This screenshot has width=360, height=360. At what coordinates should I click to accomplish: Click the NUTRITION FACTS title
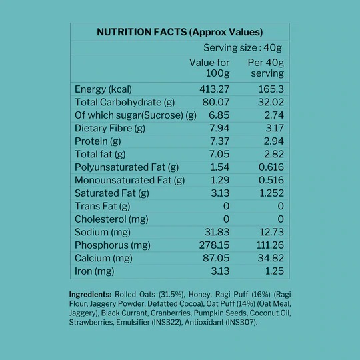click(x=180, y=32)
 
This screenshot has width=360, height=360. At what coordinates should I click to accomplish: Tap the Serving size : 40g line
click(x=243, y=48)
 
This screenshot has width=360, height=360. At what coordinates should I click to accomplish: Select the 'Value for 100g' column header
click(x=209, y=68)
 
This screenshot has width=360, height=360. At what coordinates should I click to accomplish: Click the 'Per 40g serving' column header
click(x=266, y=68)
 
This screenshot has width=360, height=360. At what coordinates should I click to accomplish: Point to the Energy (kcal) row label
click(x=103, y=89)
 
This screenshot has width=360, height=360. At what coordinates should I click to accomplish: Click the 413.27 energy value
click(x=215, y=89)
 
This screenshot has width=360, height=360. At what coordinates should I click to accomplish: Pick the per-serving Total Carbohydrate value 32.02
click(x=271, y=102)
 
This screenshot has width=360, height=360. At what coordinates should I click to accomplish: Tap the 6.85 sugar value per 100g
click(x=219, y=115)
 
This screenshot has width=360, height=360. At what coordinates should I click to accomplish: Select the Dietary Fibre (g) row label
click(x=110, y=129)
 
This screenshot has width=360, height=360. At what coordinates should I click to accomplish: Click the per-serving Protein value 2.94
click(x=274, y=141)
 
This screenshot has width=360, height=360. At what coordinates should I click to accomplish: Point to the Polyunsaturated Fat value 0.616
click(x=271, y=167)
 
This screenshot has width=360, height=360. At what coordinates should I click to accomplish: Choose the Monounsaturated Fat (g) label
click(x=130, y=180)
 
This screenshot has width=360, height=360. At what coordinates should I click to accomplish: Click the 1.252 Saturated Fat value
click(x=271, y=193)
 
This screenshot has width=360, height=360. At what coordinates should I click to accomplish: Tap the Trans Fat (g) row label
click(x=103, y=206)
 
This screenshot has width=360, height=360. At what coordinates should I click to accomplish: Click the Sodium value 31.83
click(x=217, y=232)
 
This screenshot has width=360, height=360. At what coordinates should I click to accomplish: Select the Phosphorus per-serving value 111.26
click(x=270, y=245)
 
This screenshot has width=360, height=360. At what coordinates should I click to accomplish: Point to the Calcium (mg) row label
click(x=103, y=258)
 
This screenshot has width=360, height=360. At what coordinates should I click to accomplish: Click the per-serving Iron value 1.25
click(x=275, y=271)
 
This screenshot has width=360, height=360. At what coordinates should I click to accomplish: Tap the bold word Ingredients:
click(x=91, y=295)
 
